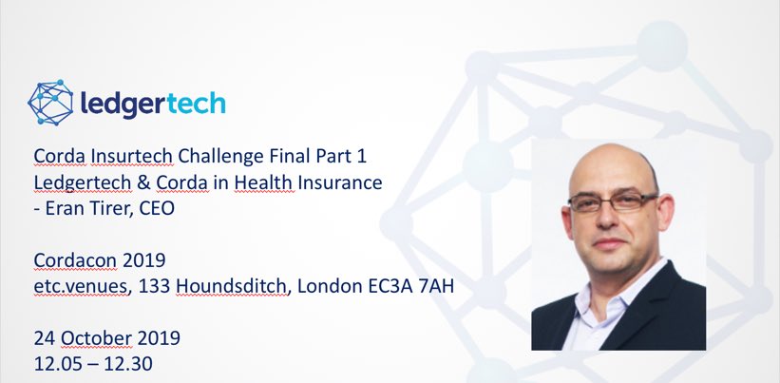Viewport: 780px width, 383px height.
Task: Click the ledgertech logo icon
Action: [50, 103]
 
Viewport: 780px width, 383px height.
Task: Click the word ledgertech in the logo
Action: [152, 102]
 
